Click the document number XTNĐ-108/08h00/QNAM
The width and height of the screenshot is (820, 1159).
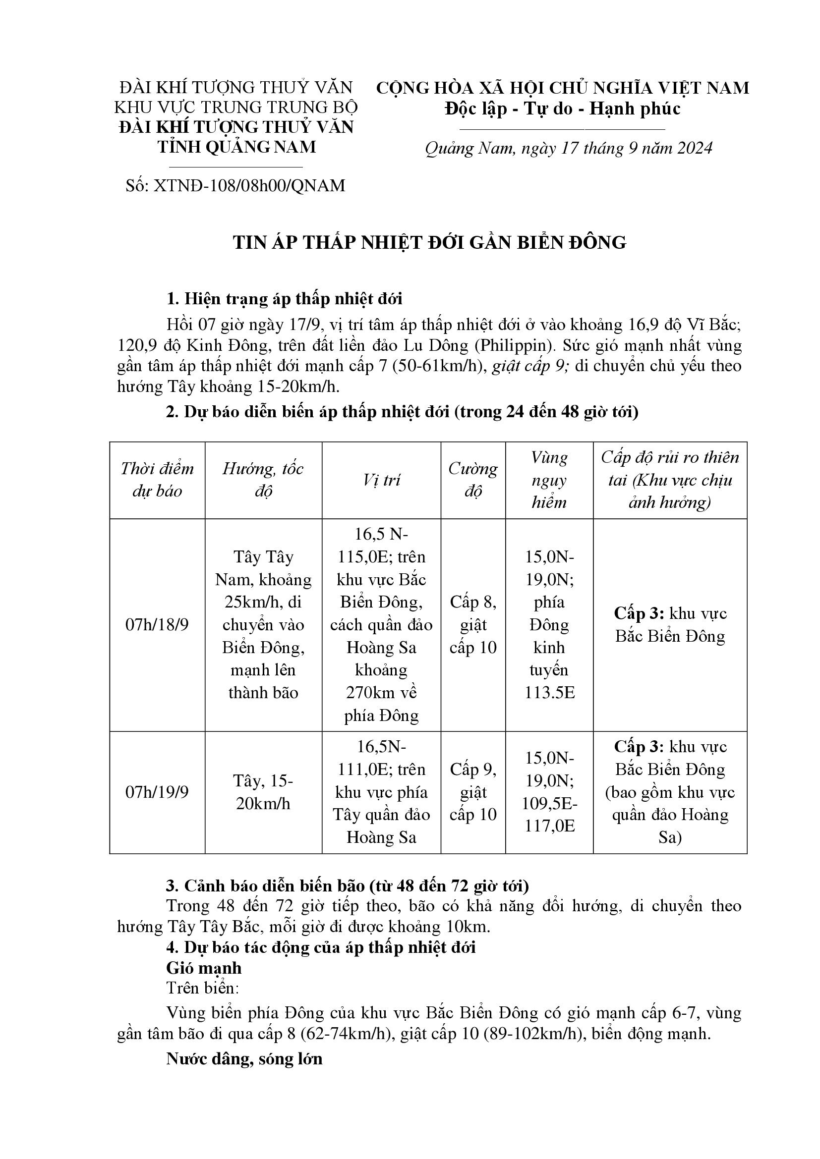235,186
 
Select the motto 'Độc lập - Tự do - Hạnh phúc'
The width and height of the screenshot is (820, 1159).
563,109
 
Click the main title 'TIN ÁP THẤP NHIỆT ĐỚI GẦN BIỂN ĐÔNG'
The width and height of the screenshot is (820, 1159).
429,243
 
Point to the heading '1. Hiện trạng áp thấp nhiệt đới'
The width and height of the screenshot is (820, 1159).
284,299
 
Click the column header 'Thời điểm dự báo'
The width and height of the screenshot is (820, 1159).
157,480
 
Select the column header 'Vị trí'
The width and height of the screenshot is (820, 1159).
381,480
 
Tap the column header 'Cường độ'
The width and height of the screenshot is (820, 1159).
473,480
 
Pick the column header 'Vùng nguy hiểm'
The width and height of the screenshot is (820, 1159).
549,480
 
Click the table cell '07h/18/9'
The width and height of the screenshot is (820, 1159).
157,625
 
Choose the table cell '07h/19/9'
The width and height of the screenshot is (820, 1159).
157,792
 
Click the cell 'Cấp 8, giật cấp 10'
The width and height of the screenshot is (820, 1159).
473,625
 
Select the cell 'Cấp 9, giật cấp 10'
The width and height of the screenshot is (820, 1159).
473,792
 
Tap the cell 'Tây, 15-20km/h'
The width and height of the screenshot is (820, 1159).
263,792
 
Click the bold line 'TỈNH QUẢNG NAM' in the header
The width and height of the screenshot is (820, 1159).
236,147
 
